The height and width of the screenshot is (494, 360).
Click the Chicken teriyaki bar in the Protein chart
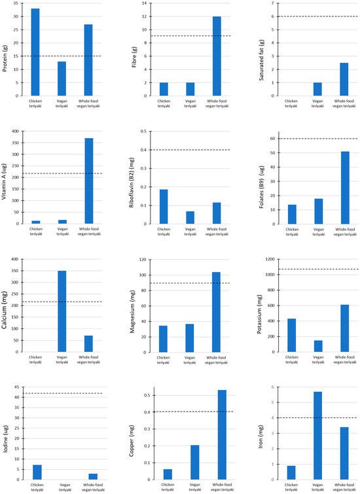(35, 52)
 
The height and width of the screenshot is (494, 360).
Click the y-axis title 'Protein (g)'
(7, 49)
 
